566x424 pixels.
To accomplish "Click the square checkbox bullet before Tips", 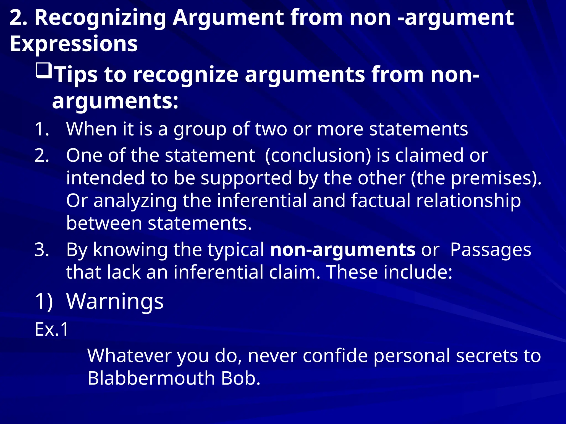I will [x=44, y=71].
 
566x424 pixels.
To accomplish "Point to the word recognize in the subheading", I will [x=185, y=75].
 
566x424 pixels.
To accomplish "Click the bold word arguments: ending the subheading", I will [x=115, y=101].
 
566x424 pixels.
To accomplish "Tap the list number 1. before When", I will [x=42, y=129].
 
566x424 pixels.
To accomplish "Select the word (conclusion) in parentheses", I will [x=318, y=155].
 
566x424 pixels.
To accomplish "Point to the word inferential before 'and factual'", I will [x=261, y=200].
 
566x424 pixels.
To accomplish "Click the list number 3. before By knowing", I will [x=42, y=250].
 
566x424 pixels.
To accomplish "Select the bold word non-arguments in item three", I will [x=342, y=250].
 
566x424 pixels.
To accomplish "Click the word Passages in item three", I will [x=491, y=250].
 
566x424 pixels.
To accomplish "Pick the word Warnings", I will [x=115, y=301].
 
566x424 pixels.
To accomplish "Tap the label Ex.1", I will [x=51, y=329].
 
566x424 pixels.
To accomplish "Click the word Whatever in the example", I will [x=129, y=356].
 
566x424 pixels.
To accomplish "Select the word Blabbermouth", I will [x=151, y=378].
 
